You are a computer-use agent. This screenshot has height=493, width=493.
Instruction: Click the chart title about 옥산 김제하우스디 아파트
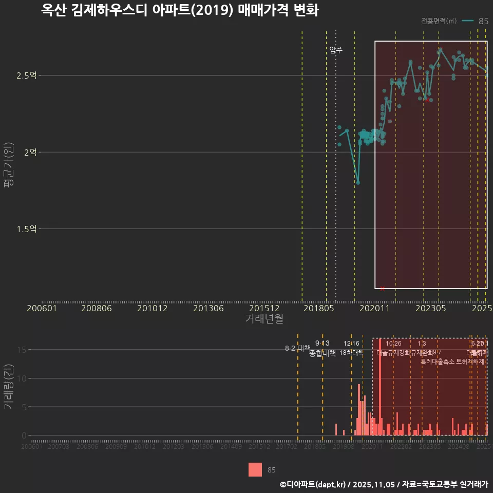tap(180, 11)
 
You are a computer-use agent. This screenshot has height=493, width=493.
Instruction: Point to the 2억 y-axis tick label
tap(30, 152)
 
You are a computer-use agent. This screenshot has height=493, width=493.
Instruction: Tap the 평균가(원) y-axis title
tap(8, 164)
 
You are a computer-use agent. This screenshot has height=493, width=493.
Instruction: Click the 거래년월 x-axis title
tap(264, 318)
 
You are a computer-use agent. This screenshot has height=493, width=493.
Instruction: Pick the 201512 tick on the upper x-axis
tap(264, 309)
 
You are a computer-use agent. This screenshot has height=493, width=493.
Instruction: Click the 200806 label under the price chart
tap(97, 309)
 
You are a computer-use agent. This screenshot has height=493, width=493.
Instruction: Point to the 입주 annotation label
tap(336, 50)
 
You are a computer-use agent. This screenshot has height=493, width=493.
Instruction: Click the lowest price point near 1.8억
tap(358, 182)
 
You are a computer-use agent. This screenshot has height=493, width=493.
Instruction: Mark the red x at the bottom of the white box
tap(382, 289)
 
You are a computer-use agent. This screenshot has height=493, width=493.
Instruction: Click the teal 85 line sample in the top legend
tap(467, 21)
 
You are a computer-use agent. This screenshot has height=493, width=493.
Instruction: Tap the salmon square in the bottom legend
tap(255, 469)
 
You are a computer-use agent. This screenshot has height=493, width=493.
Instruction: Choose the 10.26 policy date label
tap(393, 343)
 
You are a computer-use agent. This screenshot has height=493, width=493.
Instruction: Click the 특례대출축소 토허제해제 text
tap(452, 361)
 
